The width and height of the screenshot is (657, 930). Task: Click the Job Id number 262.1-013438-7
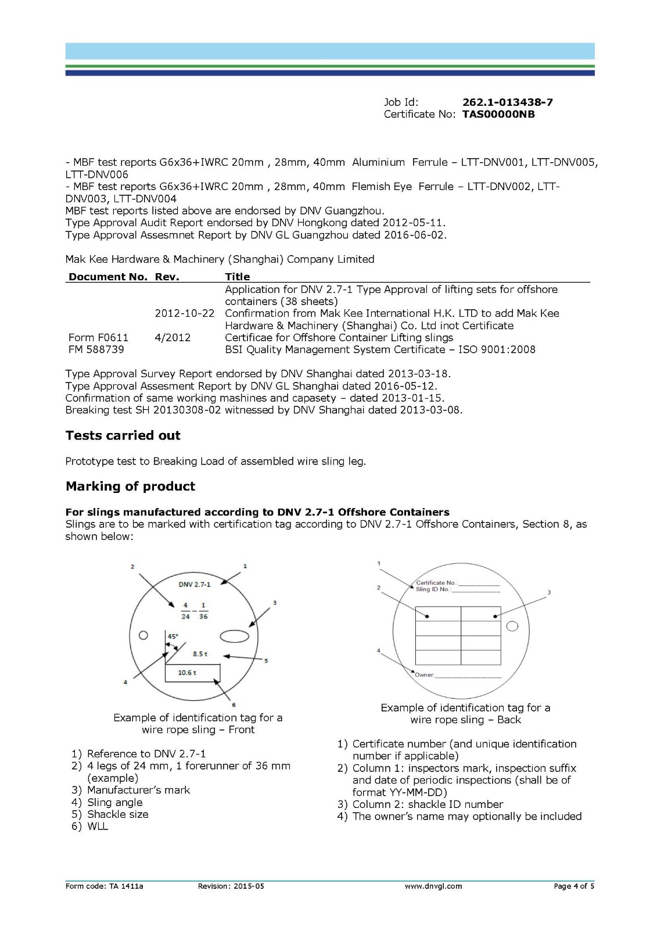[x=507, y=102]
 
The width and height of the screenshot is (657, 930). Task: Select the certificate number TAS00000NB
[x=498, y=115]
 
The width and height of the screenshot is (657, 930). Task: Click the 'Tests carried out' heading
[x=123, y=435]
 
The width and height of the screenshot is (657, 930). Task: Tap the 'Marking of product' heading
[x=130, y=487]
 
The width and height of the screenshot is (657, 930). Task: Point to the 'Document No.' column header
[x=108, y=277]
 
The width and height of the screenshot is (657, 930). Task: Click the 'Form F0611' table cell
[x=98, y=338]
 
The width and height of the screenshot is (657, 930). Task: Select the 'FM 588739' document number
[x=96, y=350]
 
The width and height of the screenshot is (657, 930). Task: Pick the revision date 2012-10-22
[x=184, y=313]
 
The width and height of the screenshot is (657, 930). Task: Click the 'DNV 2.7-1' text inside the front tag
[x=194, y=584]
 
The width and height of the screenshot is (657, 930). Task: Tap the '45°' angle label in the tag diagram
[x=173, y=636]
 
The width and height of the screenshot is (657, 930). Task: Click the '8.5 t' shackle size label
[x=200, y=654]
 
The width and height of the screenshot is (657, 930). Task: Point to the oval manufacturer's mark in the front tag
[x=234, y=636]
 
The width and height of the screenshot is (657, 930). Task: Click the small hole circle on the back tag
[x=512, y=626]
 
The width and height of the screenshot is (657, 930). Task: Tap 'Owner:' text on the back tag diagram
[x=425, y=675]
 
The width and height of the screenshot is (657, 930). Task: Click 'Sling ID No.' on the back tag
[x=433, y=589]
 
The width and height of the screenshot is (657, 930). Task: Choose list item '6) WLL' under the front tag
[x=90, y=827]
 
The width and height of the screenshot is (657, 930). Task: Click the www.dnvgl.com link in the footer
[x=433, y=886]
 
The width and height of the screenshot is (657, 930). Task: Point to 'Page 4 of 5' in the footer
[x=573, y=886]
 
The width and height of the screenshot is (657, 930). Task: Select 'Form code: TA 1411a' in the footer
[x=104, y=886]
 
